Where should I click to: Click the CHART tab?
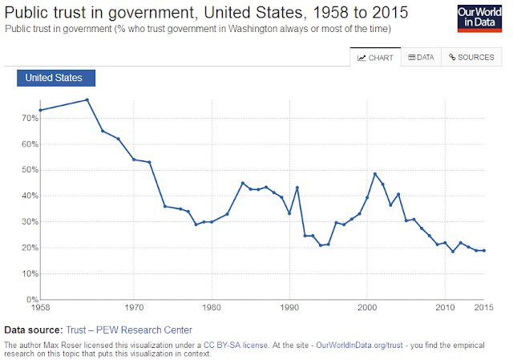tap(375, 57)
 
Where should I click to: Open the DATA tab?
tap(421, 57)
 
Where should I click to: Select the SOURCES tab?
tap(471, 57)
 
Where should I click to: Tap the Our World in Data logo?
tap(479, 18)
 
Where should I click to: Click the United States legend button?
tap(56, 78)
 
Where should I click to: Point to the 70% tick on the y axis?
tap(30, 118)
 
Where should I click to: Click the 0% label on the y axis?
tap(32, 299)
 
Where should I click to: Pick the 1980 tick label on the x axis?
tap(212, 308)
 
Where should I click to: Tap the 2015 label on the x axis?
tap(483, 308)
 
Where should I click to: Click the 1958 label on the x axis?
tap(40, 308)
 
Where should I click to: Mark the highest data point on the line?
tap(87, 99)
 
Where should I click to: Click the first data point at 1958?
tap(40, 111)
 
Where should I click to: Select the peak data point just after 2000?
tap(375, 174)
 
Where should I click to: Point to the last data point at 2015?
tap(484, 251)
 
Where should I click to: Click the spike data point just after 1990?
tap(297, 188)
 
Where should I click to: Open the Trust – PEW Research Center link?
tap(129, 330)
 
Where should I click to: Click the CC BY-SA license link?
tap(236, 346)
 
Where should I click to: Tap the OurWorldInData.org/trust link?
tap(359, 346)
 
